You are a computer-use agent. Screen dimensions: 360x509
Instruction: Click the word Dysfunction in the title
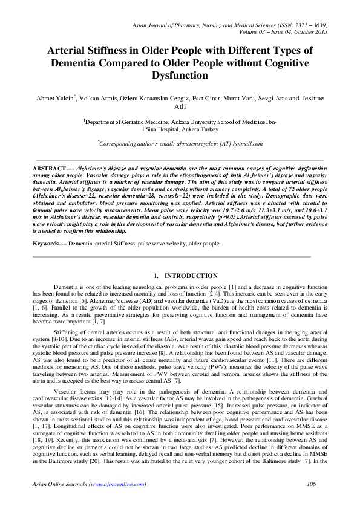click(180, 77)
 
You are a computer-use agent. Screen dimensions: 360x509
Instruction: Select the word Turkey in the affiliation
click(207, 129)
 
